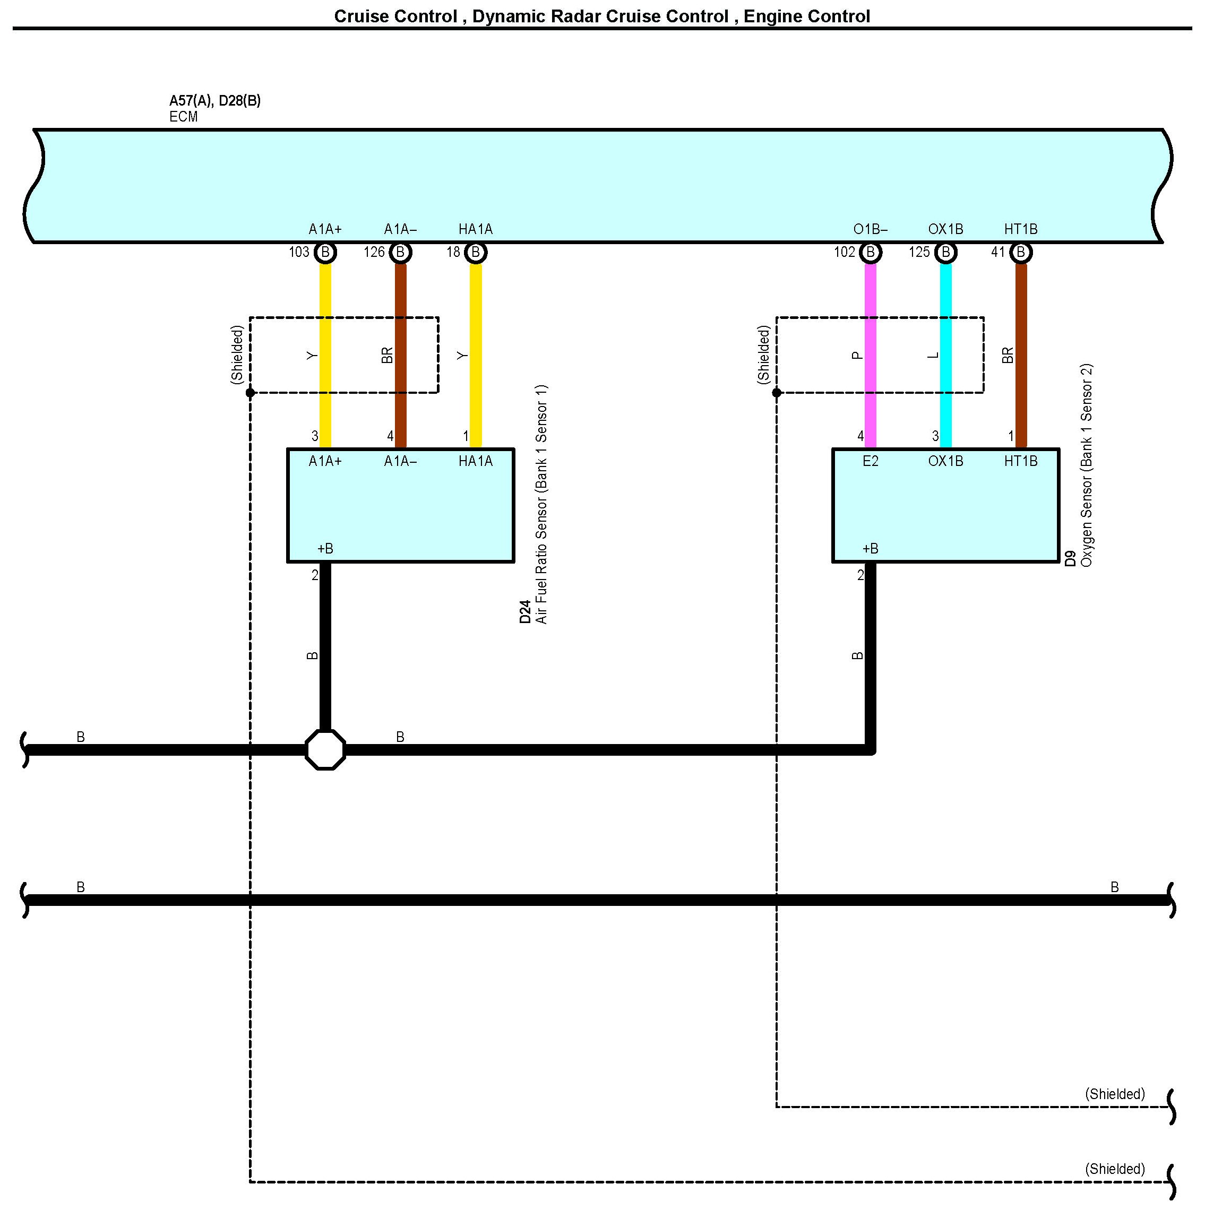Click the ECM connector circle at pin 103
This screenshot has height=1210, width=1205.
tap(325, 253)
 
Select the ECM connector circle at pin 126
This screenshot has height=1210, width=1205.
tap(400, 253)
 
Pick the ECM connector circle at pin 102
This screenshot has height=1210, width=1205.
tap(870, 253)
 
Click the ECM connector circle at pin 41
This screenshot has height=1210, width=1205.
tap(1021, 253)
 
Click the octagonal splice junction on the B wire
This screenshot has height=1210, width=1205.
tap(325, 750)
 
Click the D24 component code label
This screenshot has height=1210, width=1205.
tap(525, 612)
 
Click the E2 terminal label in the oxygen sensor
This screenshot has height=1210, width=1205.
tap(870, 462)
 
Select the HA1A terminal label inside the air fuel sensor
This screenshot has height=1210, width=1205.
tap(475, 462)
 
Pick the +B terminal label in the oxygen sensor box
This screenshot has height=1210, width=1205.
tap(870, 549)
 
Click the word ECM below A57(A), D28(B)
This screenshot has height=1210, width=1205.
tap(184, 117)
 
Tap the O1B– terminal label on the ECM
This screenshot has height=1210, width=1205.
tap(870, 230)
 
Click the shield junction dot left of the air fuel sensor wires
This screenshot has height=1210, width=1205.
tap(251, 393)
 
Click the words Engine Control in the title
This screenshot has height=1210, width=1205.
tap(807, 16)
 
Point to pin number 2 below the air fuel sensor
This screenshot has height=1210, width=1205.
tap(315, 575)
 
